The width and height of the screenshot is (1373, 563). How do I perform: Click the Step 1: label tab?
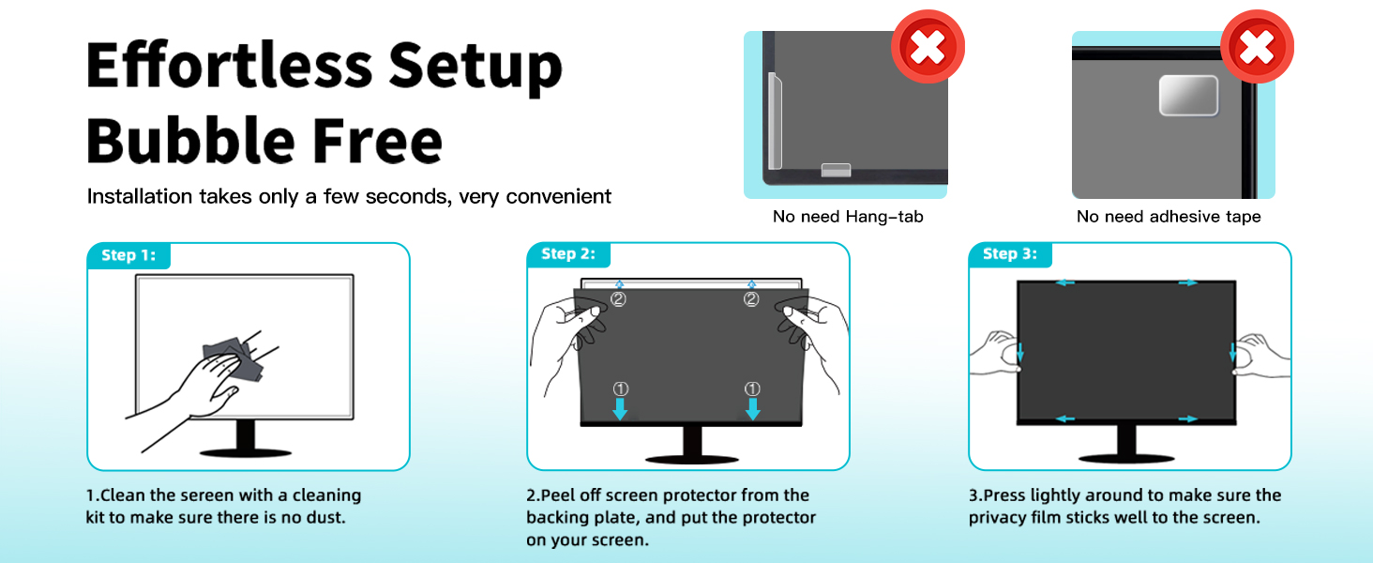point(128,255)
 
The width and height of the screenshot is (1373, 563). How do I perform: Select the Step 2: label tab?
point(568,254)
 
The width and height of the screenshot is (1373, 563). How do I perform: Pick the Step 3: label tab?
point(1009,254)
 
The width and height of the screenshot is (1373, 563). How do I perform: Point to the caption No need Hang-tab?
point(848,217)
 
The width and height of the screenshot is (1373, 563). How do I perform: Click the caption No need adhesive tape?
point(1169,217)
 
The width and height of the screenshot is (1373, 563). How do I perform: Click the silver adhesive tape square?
point(1188,96)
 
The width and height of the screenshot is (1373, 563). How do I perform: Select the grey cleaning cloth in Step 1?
point(234,360)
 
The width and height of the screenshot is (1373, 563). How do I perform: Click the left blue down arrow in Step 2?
point(620,409)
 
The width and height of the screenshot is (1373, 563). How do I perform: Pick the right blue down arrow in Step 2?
point(751,409)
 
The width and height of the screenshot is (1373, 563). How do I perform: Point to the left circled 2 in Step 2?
point(618,299)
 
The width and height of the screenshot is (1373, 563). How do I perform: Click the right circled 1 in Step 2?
point(751,388)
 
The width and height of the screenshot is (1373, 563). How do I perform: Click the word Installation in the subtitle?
point(139,197)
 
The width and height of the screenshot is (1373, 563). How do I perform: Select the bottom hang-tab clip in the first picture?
point(836,170)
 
